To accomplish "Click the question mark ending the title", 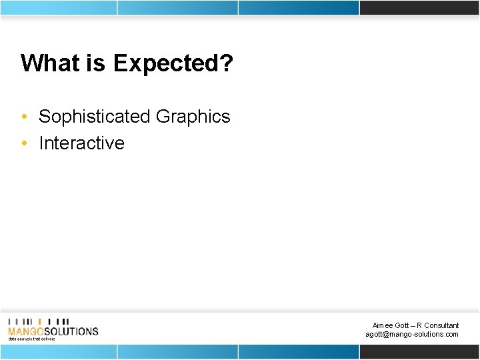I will coord(227,63).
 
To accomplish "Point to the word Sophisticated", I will coord(95,117).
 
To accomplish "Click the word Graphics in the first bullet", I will coord(193,117).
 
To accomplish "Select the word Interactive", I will coord(81,143).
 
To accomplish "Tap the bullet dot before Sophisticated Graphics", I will coord(24,117).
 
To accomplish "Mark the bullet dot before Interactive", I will coord(24,144).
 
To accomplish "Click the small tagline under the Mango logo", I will coord(31,339).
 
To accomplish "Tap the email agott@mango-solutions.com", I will coord(412,334).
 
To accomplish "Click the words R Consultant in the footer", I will coord(437,325).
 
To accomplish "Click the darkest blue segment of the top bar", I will coord(299,7).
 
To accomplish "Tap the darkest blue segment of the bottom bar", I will coord(299,351).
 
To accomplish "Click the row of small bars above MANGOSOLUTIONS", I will coord(38,321).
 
